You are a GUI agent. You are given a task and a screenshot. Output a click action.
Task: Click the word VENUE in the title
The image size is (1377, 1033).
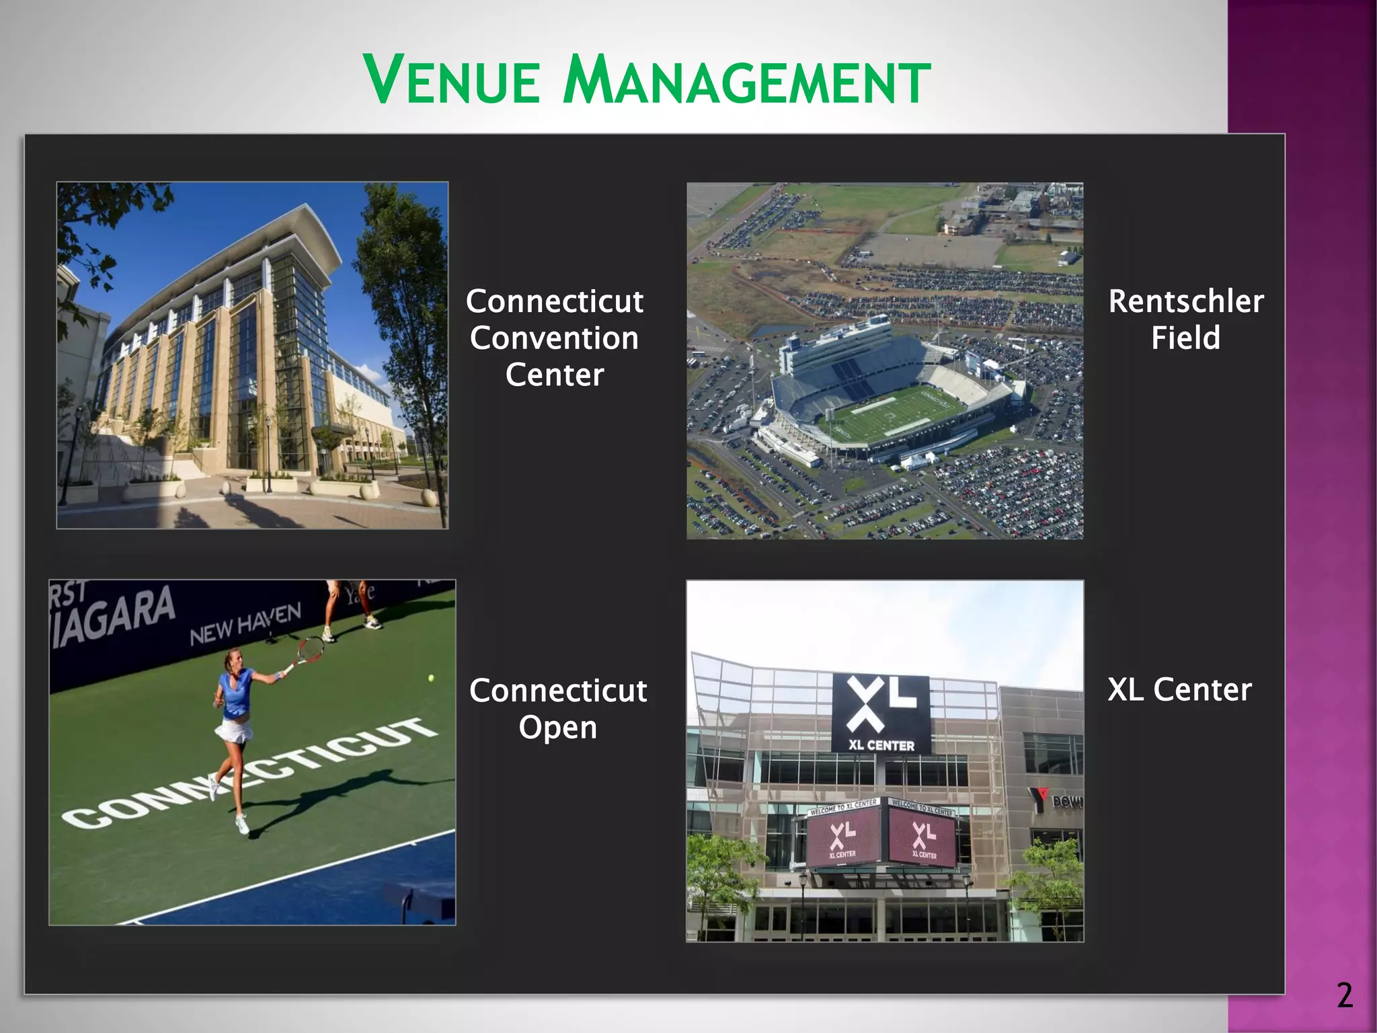coord(452,81)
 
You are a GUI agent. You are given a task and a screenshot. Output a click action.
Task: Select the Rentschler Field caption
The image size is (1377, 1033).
coord(1186,319)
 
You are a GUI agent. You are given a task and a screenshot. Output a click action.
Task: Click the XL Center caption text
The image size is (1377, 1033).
coord(1179,689)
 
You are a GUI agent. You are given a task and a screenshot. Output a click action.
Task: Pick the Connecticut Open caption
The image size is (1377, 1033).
coord(558,709)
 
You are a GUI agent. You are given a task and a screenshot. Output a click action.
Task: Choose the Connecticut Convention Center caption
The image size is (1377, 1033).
coord(555,338)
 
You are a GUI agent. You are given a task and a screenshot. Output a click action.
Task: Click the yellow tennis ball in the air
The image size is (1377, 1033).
coord(431,678)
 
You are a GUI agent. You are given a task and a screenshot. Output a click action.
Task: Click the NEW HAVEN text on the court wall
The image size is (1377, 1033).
coord(245,623)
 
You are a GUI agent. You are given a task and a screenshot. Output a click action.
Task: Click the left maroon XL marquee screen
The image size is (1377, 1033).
coord(843,837)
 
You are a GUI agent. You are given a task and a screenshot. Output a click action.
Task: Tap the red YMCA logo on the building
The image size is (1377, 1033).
coord(1039,798)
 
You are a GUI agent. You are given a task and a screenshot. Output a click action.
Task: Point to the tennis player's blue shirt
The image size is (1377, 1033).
coord(235,693)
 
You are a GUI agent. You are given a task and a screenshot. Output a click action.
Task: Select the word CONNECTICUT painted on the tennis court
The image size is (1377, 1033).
coord(249,773)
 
